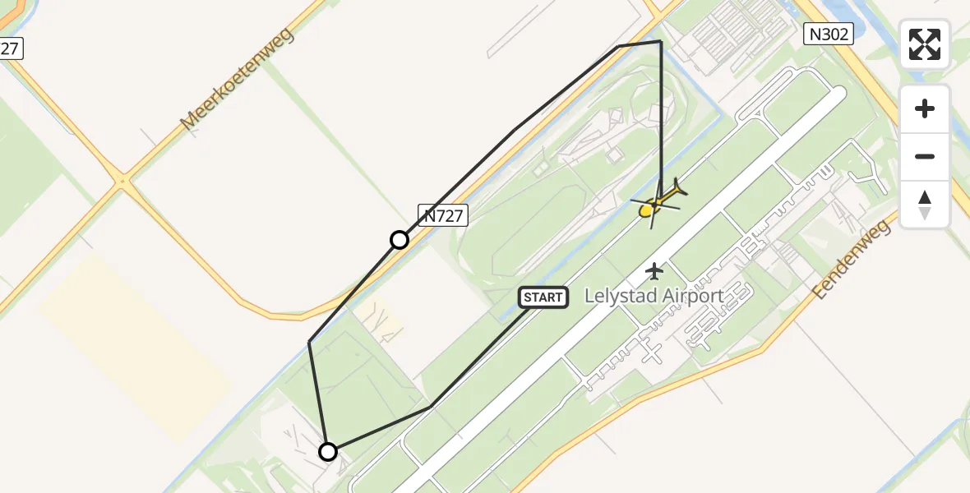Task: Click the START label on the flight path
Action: coord(543,297)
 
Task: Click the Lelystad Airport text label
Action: coord(654,296)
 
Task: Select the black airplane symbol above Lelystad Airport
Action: coord(654,270)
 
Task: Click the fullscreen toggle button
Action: coord(925,44)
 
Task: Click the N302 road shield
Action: coord(827,34)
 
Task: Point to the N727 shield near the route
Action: coord(443,215)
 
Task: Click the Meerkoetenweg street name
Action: coord(238,78)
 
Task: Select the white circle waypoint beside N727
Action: coord(400,240)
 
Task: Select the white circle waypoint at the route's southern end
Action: coord(328,452)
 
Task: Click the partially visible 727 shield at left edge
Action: coord(10,48)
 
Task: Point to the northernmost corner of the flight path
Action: coord(661,40)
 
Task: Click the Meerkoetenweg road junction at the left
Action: coord(122,179)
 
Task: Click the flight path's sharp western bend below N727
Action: coord(310,342)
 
